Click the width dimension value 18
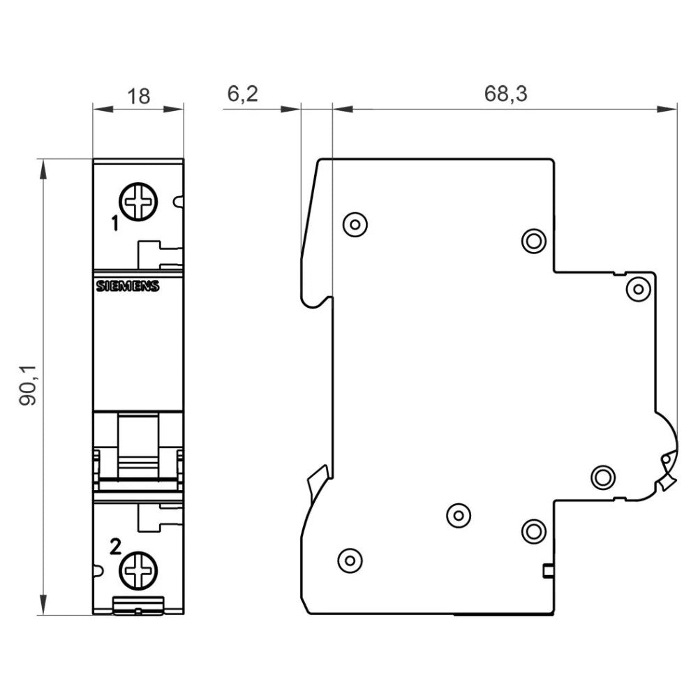click(x=139, y=96)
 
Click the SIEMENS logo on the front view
click(x=128, y=286)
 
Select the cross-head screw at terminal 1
click(x=139, y=202)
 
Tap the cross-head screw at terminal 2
click(x=139, y=572)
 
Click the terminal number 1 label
click(x=114, y=223)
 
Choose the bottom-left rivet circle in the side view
click(x=349, y=559)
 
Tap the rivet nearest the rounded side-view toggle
click(x=603, y=477)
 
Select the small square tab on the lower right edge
click(x=548, y=572)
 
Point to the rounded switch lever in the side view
click(x=667, y=454)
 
